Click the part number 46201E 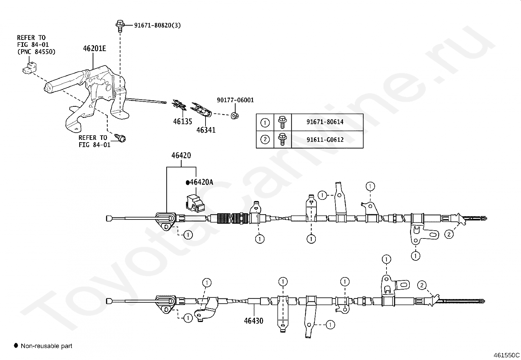95,48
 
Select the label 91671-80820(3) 157,25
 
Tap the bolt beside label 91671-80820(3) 120,25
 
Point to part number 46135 183,121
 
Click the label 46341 206,130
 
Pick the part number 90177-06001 235,100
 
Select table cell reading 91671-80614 325,122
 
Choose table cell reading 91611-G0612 325,140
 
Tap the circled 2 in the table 265,140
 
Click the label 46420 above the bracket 181,155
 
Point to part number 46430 254,321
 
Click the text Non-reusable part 46,346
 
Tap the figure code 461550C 507,355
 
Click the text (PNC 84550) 36,51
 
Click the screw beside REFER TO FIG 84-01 120,138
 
